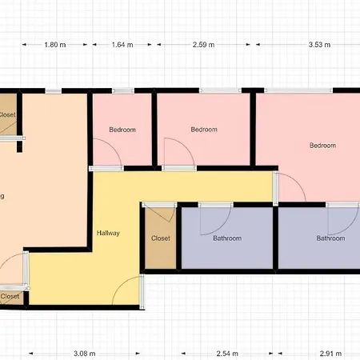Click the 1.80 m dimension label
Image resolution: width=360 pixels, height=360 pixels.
54,45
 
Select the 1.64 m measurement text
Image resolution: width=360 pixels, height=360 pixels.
123,45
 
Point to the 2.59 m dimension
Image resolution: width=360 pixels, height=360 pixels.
204,45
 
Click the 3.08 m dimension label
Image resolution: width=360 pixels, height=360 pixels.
84,352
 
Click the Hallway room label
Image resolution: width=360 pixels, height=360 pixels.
108,234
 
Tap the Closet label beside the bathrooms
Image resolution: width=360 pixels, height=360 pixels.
161,238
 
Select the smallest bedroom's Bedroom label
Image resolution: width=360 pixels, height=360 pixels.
122,130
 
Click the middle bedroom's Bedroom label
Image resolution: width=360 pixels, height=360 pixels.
204,129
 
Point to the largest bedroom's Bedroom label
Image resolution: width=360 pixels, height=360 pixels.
323,146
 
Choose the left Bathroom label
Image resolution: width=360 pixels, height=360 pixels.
227,238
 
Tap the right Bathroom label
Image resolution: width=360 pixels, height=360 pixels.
330,238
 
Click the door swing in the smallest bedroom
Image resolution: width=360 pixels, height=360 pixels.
105,152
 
